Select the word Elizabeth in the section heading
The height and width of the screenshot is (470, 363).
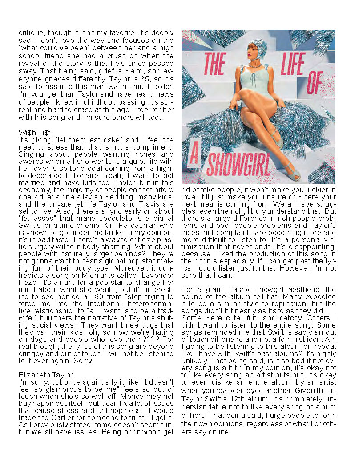33,375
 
